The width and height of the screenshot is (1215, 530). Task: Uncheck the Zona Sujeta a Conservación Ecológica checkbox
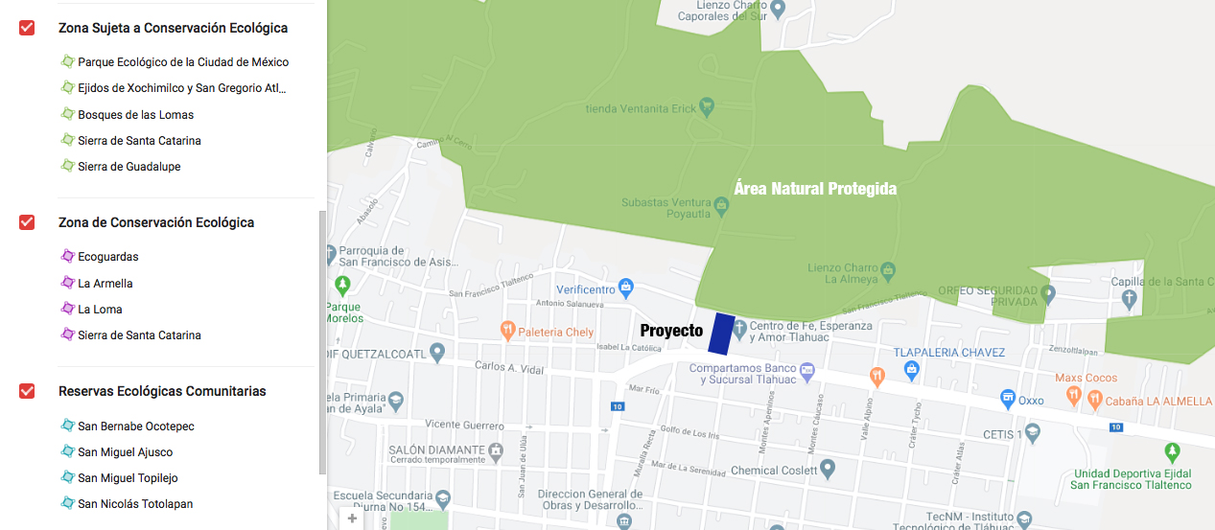point(27,28)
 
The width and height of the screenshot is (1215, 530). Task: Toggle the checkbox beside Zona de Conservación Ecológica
point(27,222)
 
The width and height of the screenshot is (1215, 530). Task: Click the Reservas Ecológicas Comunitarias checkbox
point(27,391)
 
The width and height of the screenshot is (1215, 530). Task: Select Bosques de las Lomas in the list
point(135,115)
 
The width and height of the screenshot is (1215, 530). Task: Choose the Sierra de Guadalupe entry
point(129,167)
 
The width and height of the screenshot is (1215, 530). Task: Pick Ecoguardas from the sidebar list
point(107,257)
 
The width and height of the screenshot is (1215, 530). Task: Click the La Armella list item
point(105,284)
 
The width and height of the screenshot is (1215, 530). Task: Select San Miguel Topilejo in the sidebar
point(127,478)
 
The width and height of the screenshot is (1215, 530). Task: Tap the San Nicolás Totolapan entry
point(134,504)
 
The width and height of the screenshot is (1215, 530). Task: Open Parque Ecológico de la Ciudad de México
point(182,62)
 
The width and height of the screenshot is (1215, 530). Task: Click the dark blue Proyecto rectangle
point(721,334)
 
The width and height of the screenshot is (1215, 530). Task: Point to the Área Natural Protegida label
point(815,189)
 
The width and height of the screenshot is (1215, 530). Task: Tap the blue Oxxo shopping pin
point(1008,398)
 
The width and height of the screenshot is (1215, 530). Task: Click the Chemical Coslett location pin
point(828,470)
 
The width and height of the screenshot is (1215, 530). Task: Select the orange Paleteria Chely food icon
point(507,331)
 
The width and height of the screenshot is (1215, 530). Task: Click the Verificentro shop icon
point(626,287)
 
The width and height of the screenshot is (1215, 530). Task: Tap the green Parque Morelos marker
point(343,286)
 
